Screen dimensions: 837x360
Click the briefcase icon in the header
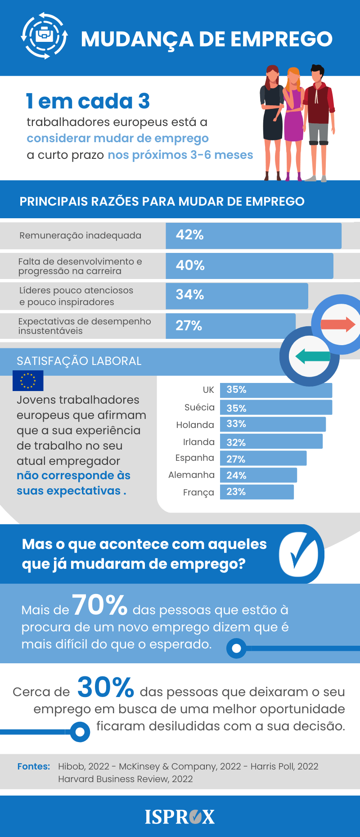tap(44, 35)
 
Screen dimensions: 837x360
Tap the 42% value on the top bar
tap(189, 235)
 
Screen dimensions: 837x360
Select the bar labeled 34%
tap(237, 296)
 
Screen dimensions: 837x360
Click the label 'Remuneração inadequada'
tap(81, 235)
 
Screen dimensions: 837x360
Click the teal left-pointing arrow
tap(312, 356)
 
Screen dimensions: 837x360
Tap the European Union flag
tap(28, 381)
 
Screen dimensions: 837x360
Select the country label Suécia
tap(199, 407)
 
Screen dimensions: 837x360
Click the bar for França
tap(256, 492)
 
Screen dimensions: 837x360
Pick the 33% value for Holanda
tap(236, 424)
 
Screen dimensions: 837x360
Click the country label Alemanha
tap(191, 475)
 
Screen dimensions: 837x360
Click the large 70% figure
tap(100, 605)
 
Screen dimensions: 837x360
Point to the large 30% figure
tap(106, 687)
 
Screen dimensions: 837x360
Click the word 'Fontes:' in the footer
tap(34, 766)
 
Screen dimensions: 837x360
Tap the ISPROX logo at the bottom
tap(180, 817)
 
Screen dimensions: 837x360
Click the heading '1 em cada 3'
tap(88, 101)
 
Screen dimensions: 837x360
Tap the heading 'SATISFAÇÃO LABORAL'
tap(79, 361)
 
